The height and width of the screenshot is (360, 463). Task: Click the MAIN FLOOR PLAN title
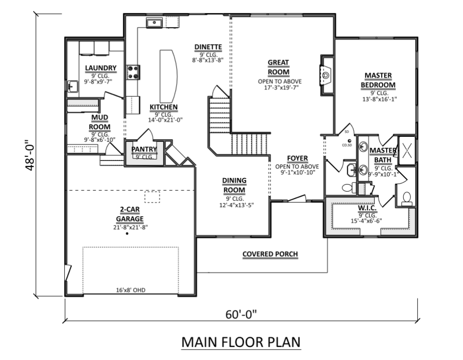tap(241, 342)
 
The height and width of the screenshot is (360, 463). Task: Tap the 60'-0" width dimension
tap(241, 314)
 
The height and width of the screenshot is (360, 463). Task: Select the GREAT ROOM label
tap(278, 67)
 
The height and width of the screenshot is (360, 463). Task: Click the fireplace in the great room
tap(326, 75)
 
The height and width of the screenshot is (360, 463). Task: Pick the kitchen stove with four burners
tap(133, 72)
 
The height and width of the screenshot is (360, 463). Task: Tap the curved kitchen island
tap(169, 76)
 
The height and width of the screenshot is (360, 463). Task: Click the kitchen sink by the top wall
tap(154, 23)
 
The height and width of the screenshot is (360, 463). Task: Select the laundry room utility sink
tap(72, 87)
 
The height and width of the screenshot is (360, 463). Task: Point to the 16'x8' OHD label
tap(130, 290)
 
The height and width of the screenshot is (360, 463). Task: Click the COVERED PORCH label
tap(270, 254)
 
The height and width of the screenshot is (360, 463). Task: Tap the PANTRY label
tap(144, 149)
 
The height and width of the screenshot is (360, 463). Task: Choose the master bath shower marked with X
tap(407, 150)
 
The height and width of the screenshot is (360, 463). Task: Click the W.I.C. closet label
tap(367, 208)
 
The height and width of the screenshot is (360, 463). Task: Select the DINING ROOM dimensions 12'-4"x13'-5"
tap(237, 205)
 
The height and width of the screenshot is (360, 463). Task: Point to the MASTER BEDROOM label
tap(378, 80)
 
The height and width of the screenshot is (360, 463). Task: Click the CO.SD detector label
tap(347, 145)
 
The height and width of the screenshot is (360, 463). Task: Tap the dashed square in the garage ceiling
tap(152, 197)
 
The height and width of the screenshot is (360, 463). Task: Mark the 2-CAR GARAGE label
tap(129, 214)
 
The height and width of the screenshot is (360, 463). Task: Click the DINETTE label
tap(208, 47)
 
